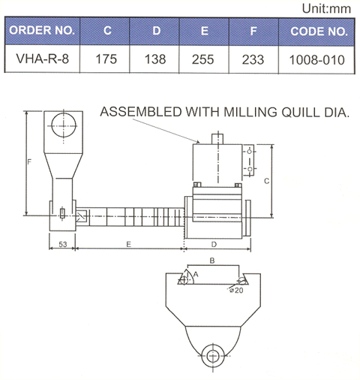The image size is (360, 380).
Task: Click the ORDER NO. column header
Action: (x=42, y=30)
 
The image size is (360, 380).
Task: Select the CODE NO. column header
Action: (x=319, y=32)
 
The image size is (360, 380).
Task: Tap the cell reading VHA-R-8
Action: (x=42, y=59)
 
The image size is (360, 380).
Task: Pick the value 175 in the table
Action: (x=106, y=59)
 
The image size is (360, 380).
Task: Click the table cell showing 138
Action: (x=155, y=59)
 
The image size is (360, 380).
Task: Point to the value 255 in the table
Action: (x=203, y=59)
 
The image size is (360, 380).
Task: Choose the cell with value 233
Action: (x=253, y=60)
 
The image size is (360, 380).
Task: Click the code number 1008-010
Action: (x=317, y=60)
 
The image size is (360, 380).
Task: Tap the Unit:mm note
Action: (x=326, y=9)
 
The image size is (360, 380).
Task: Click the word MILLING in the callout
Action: (x=250, y=112)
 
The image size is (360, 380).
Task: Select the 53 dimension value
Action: (x=63, y=244)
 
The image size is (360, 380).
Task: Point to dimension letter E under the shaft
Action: (x=128, y=244)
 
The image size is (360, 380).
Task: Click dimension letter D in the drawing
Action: (x=214, y=244)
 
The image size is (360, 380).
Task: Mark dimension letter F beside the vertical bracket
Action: (x=29, y=161)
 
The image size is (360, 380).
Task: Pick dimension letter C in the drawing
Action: (x=267, y=181)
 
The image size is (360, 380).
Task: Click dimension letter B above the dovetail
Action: (x=212, y=261)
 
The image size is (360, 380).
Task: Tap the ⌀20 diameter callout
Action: (x=236, y=290)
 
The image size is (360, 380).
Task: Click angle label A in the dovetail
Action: (x=196, y=275)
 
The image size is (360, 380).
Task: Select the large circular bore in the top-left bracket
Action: (x=64, y=125)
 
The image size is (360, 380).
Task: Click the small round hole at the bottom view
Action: (x=212, y=355)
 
